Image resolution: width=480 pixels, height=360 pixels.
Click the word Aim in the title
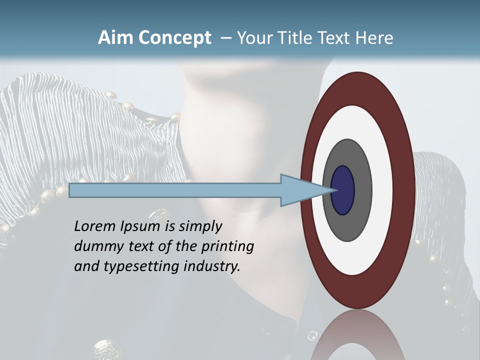coord(115,38)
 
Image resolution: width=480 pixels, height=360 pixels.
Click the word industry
coord(212,267)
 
